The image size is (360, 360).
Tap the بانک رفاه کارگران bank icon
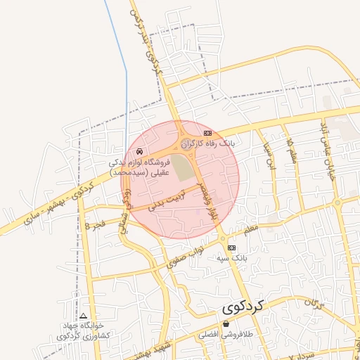pyautogui.click(x=207, y=133)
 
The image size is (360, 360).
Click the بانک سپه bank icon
pyautogui.click(x=232, y=248)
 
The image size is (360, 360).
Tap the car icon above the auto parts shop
pyautogui.click(x=140, y=151)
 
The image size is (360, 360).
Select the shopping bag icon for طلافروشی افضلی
pyautogui.click(x=226, y=324)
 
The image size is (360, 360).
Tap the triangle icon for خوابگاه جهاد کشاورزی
pyautogui.click(x=84, y=316)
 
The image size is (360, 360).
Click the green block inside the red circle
pyautogui.click(x=183, y=168)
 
